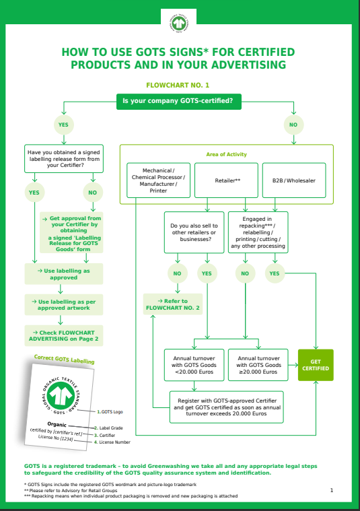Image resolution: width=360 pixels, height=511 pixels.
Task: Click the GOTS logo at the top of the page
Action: click(179, 22)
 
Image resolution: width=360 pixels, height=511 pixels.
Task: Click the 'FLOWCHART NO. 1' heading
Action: click(178, 86)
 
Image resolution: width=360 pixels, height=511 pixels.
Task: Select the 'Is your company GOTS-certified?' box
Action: click(178, 101)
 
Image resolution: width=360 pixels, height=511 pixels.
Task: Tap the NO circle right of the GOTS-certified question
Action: click(293, 125)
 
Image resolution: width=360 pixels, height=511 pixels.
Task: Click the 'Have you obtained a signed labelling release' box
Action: click(64, 158)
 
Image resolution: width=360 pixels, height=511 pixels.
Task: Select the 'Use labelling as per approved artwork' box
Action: click(64, 304)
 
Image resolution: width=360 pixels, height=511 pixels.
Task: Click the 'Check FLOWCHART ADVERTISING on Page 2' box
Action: click(64, 335)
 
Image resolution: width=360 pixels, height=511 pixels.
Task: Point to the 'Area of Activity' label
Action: click(226, 154)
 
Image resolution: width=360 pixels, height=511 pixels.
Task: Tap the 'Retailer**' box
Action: click(227, 180)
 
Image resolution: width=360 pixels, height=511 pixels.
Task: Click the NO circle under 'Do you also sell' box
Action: click(177, 273)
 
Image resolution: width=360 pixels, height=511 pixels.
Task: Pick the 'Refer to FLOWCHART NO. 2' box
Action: click(173, 304)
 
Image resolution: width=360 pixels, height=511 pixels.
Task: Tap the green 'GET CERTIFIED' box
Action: click(316, 364)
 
